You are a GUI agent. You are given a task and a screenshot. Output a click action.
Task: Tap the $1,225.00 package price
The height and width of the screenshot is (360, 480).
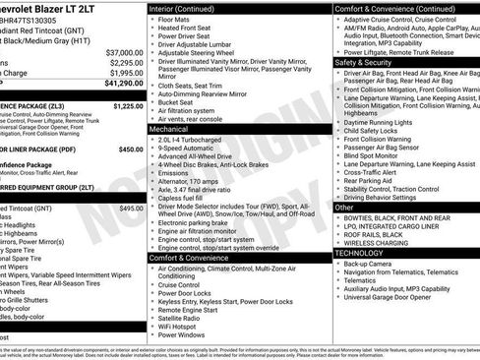(123, 103)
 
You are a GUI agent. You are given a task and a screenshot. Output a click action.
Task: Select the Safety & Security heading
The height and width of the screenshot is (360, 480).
(362, 60)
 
